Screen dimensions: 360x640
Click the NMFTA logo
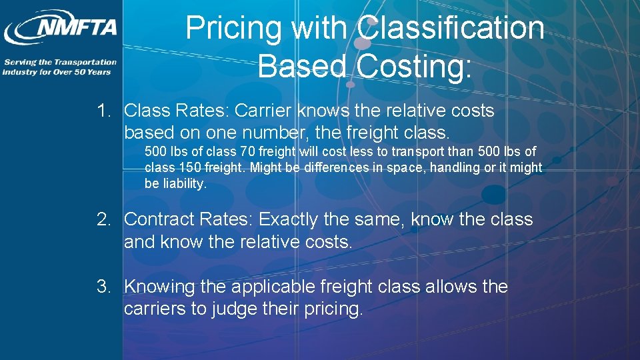tap(61, 28)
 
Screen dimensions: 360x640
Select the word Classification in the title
tap(451, 29)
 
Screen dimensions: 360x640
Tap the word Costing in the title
tap(415, 67)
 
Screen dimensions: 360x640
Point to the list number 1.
tap(103, 111)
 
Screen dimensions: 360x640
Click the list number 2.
tap(103, 219)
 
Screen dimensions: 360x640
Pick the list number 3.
tap(103, 287)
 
